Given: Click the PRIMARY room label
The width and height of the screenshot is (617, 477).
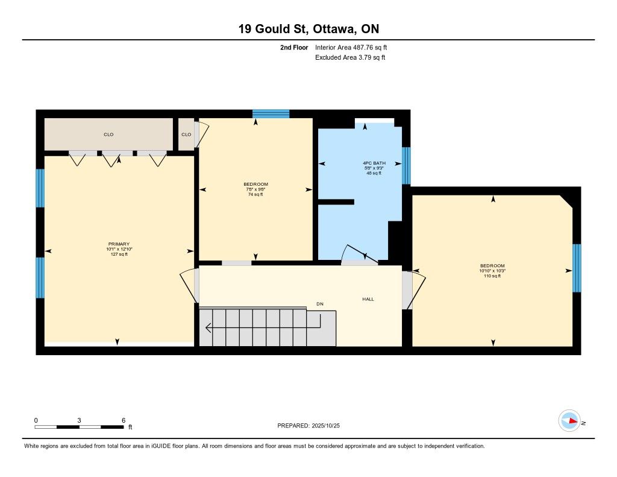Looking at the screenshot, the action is pyautogui.click(x=119, y=244).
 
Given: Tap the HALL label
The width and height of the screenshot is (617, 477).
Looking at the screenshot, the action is pyautogui.click(x=368, y=299).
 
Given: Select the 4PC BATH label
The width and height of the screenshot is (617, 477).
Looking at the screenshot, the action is pyautogui.click(x=374, y=163).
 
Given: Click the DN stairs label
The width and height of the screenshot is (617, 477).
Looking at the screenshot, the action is pyautogui.click(x=320, y=304).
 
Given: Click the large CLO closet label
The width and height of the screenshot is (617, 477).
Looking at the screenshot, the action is pyautogui.click(x=108, y=134).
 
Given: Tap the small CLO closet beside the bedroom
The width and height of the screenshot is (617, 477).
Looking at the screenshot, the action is pyautogui.click(x=186, y=134).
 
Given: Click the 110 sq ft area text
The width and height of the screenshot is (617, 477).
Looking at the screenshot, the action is pyautogui.click(x=492, y=276).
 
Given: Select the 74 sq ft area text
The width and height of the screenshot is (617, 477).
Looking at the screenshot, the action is pyautogui.click(x=255, y=195).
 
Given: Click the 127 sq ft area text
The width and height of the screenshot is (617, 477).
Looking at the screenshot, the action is pyautogui.click(x=119, y=254).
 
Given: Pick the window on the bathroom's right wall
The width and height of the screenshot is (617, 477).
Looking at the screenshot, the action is pyautogui.click(x=406, y=166).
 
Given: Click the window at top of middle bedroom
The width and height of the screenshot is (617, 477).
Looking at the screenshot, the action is pyautogui.click(x=271, y=114).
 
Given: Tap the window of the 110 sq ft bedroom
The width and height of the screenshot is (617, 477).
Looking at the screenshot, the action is pyautogui.click(x=577, y=268).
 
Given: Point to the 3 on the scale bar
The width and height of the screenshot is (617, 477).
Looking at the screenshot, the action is pyautogui.click(x=79, y=420).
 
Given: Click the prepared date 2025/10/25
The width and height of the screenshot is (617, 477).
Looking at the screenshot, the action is pyautogui.click(x=326, y=426).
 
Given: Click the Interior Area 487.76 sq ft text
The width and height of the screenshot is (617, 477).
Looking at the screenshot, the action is pyautogui.click(x=351, y=48).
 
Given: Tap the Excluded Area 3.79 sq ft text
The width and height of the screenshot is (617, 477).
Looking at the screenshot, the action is pyautogui.click(x=350, y=57).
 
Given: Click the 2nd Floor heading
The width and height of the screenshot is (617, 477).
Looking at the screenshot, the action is pyautogui.click(x=294, y=48).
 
